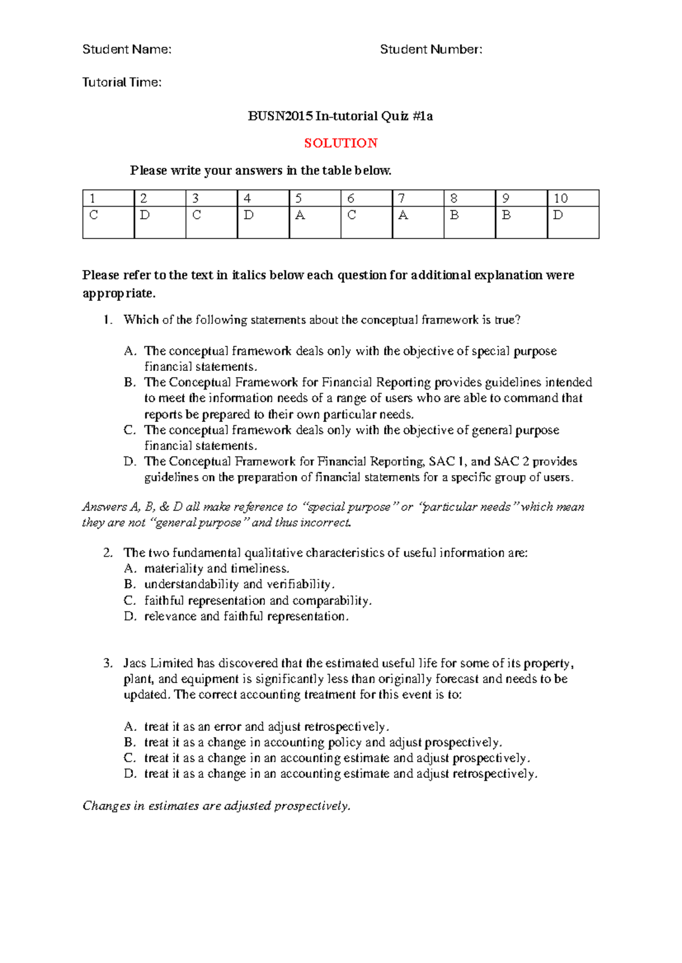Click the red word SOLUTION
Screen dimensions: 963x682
click(340, 143)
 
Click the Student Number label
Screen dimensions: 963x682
click(431, 49)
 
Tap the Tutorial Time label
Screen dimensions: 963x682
click(122, 82)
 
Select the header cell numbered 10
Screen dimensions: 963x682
click(572, 198)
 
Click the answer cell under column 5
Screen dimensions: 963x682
click(314, 221)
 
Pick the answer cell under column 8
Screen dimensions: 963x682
click(469, 221)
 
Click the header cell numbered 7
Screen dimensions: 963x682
click(417, 198)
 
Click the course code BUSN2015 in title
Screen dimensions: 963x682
click(280, 116)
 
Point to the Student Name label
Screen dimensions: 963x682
click(127, 49)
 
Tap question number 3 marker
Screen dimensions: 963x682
click(108, 663)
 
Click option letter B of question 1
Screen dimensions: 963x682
click(130, 382)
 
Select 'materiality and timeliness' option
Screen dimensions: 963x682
click(217, 568)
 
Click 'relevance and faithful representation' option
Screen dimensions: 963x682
click(246, 616)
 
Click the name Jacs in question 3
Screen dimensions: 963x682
click(135, 663)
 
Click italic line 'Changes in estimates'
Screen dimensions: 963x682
click(217, 806)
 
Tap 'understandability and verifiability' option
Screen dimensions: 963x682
click(239, 584)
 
